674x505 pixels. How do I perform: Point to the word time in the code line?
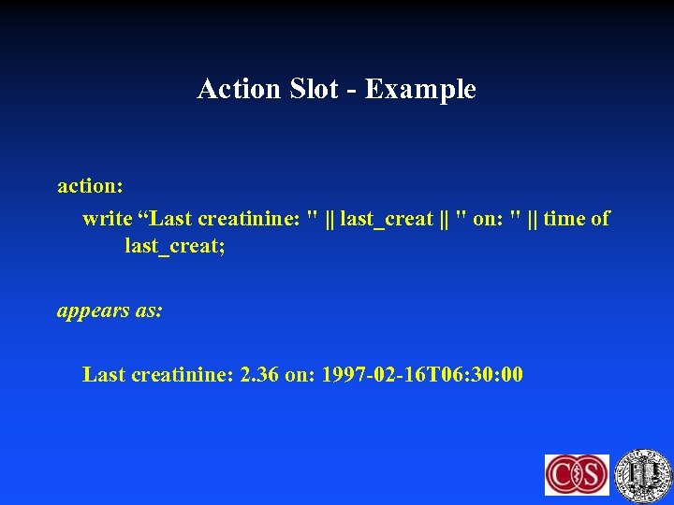coord(564,219)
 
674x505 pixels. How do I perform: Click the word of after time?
coord(600,219)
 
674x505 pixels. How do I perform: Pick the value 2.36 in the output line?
coord(259,376)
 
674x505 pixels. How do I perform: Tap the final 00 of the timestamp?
coord(512,376)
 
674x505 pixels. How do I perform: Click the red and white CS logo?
coord(577,475)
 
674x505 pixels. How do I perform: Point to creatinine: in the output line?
coord(183,376)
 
